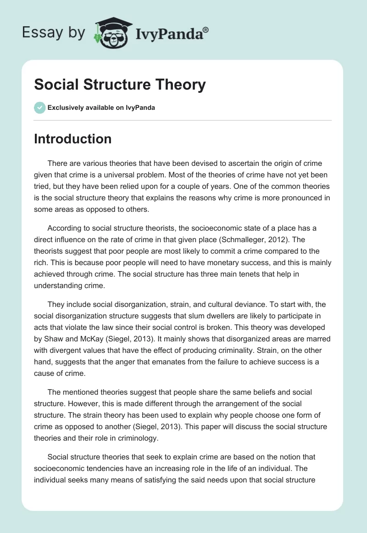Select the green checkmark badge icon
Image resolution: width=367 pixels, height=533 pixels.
click(x=39, y=108)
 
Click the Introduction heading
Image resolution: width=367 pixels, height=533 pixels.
click(x=72, y=139)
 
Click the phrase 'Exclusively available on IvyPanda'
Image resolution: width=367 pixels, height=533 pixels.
click(x=101, y=108)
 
